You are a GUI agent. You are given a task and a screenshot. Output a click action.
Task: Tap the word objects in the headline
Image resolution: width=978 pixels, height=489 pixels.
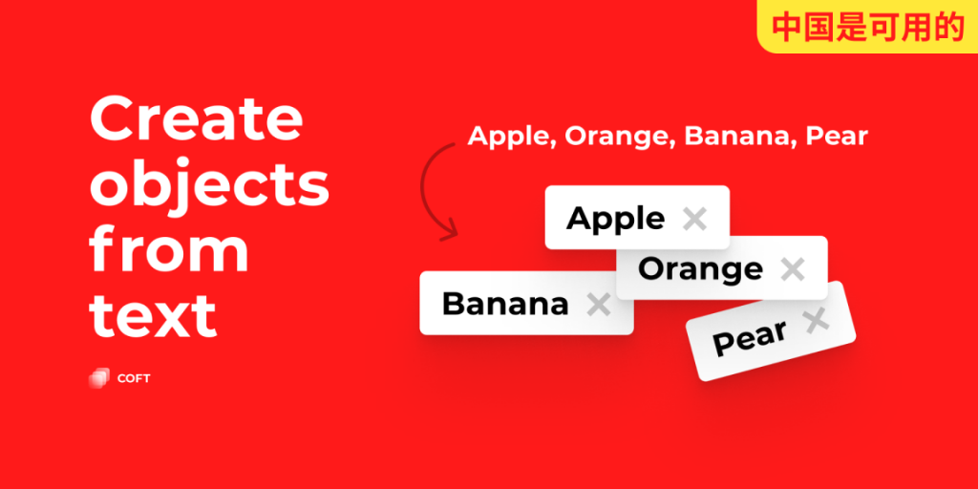pos(209,185)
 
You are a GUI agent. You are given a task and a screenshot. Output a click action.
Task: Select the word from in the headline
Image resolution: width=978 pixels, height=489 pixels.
pos(169,249)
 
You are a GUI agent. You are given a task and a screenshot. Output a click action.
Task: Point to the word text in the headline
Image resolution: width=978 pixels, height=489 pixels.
pos(153,314)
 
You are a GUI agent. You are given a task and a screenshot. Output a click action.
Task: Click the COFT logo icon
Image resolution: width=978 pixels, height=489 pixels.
pos(97,378)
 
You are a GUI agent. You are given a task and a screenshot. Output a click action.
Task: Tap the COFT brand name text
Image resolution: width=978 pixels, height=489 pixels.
pos(134,378)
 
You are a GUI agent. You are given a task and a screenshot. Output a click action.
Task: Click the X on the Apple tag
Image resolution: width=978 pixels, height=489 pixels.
pos(694,219)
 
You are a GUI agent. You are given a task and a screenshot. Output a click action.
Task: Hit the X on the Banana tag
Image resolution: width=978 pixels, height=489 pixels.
pos(598,305)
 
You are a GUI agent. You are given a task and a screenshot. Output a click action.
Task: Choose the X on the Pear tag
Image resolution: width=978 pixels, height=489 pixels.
pos(816,322)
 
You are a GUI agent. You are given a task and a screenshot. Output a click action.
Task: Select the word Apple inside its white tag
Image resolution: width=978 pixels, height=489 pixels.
pos(615,219)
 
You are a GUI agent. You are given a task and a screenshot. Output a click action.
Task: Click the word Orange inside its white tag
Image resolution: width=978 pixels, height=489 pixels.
pos(700,269)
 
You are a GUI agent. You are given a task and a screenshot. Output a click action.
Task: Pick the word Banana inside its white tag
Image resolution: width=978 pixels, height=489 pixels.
pos(505,305)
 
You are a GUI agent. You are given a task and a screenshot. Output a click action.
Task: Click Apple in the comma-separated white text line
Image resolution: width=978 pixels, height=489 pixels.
pos(510,137)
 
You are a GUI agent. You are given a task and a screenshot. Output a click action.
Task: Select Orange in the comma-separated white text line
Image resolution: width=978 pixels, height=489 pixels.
pos(618,137)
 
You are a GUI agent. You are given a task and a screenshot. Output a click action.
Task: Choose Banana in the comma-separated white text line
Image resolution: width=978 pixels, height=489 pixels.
pos(738,137)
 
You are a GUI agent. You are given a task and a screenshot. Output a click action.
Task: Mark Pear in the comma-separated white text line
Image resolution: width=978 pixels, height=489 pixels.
pos(837,137)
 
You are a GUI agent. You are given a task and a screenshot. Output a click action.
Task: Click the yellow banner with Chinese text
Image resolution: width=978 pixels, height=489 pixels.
pos(867,27)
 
